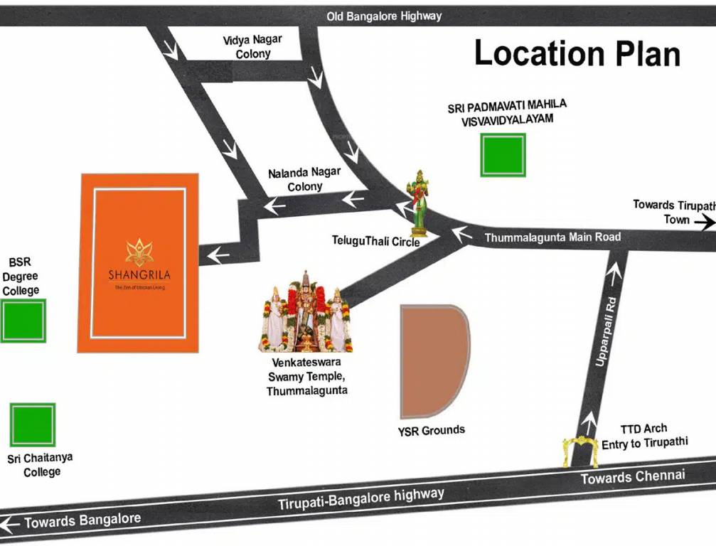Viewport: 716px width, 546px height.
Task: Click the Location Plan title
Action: click(577, 53)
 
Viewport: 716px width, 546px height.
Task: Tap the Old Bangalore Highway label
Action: click(384, 16)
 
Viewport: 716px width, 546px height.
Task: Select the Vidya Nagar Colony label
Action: click(252, 47)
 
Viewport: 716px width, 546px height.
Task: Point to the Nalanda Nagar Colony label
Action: click(304, 180)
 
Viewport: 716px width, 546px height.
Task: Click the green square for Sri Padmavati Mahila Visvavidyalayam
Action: click(503, 154)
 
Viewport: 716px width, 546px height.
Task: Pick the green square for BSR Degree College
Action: click(23, 321)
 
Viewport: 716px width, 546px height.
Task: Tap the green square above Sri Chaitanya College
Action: click(32, 425)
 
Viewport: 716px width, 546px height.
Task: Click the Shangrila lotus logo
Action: click(139, 252)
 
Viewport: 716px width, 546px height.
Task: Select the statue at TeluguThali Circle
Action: click(419, 203)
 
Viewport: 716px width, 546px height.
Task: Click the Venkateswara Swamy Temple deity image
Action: click(305, 313)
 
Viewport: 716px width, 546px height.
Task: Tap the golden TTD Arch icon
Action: click(580, 451)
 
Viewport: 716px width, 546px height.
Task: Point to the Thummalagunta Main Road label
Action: click(552, 237)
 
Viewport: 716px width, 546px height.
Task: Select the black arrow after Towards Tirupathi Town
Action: click(705, 223)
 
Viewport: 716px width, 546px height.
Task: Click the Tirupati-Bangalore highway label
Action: click(360, 499)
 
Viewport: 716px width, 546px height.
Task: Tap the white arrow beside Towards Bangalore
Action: click(9, 525)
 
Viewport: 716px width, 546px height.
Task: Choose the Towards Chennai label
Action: click(632, 476)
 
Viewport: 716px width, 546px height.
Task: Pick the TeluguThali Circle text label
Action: click(375, 242)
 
